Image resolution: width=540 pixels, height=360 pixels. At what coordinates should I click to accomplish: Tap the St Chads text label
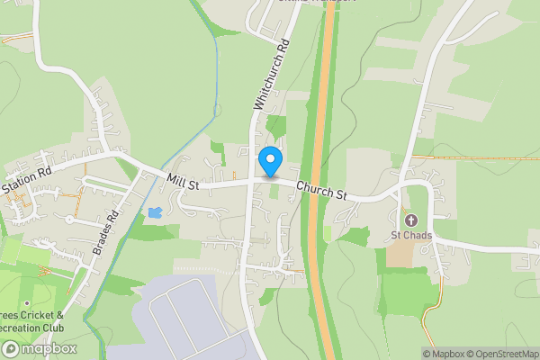click(x=411, y=236)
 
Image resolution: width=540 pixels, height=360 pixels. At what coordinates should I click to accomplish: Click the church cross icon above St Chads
click(x=411, y=220)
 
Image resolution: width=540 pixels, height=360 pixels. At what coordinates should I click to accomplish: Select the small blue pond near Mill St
click(x=155, y=213)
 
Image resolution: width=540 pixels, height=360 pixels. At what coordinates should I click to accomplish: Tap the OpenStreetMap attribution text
click(x=504, y=354)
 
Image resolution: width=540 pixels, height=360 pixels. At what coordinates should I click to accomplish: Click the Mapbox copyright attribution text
click(x=445, y=354)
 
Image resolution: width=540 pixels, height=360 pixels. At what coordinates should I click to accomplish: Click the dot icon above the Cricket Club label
click(x=27, y=303)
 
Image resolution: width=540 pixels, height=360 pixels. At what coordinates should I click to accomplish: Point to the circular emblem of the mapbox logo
click(x=12, y=348)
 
